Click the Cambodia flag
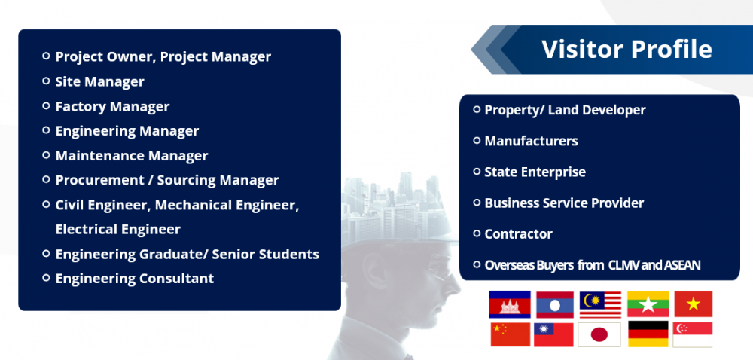pos(510,304)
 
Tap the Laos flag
pos(555,304)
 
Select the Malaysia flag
pos(600,304)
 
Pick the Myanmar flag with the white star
pos(648,304)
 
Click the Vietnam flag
pos(694,304)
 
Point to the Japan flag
pos(599,334)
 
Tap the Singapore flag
pos(693,334)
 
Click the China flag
pos(510,334)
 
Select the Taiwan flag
pos(553,334)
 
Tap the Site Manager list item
pos(99,81)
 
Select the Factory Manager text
pos(112,106)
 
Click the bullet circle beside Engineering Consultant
pos(46,277)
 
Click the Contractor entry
pos(518,234)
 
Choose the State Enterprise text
pos(535,172)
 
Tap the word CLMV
pos(623,265)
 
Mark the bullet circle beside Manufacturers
pos(477,140)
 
